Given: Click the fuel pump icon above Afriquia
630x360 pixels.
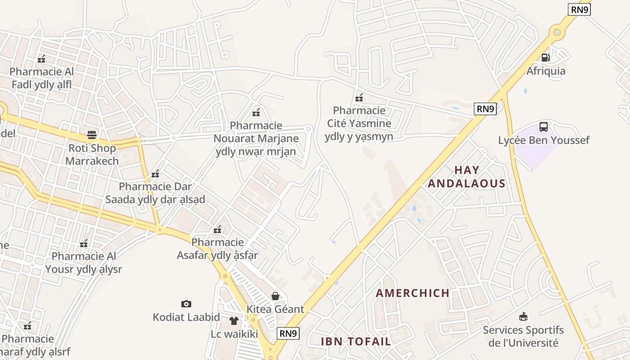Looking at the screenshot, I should (545, 57).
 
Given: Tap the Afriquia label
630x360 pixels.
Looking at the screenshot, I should (546, 71).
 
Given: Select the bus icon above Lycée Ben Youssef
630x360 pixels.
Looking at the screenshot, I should (544, 127).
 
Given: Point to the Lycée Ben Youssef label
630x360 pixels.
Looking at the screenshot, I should (544, 140).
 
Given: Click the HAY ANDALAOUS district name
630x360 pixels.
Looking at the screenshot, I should (467, 177).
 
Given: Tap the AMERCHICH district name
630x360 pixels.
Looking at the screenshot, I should (413, 293).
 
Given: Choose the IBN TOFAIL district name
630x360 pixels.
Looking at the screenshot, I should (356, 341).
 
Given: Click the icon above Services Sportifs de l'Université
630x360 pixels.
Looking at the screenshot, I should (523, 316).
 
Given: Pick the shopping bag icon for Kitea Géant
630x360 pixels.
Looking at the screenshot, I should (275, 296).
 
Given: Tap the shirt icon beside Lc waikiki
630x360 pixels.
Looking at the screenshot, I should (234, 321).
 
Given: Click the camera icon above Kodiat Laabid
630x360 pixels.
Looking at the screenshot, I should (186, 304).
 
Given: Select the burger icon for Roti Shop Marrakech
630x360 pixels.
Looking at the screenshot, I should (92, 135).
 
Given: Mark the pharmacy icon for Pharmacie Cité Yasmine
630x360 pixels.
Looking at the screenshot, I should (359, 97).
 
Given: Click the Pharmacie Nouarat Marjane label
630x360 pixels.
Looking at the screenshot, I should (256, 139).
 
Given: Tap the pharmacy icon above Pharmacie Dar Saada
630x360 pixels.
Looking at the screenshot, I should (155, 174).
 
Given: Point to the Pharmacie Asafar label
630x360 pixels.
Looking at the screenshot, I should (218, 249).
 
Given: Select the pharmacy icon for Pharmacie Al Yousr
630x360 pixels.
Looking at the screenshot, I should (84, 243).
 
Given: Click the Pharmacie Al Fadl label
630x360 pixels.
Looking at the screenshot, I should (41, 78).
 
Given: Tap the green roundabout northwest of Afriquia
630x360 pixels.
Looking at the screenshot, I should (557, 32).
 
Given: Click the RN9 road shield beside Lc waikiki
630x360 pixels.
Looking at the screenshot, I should (288, 333).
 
